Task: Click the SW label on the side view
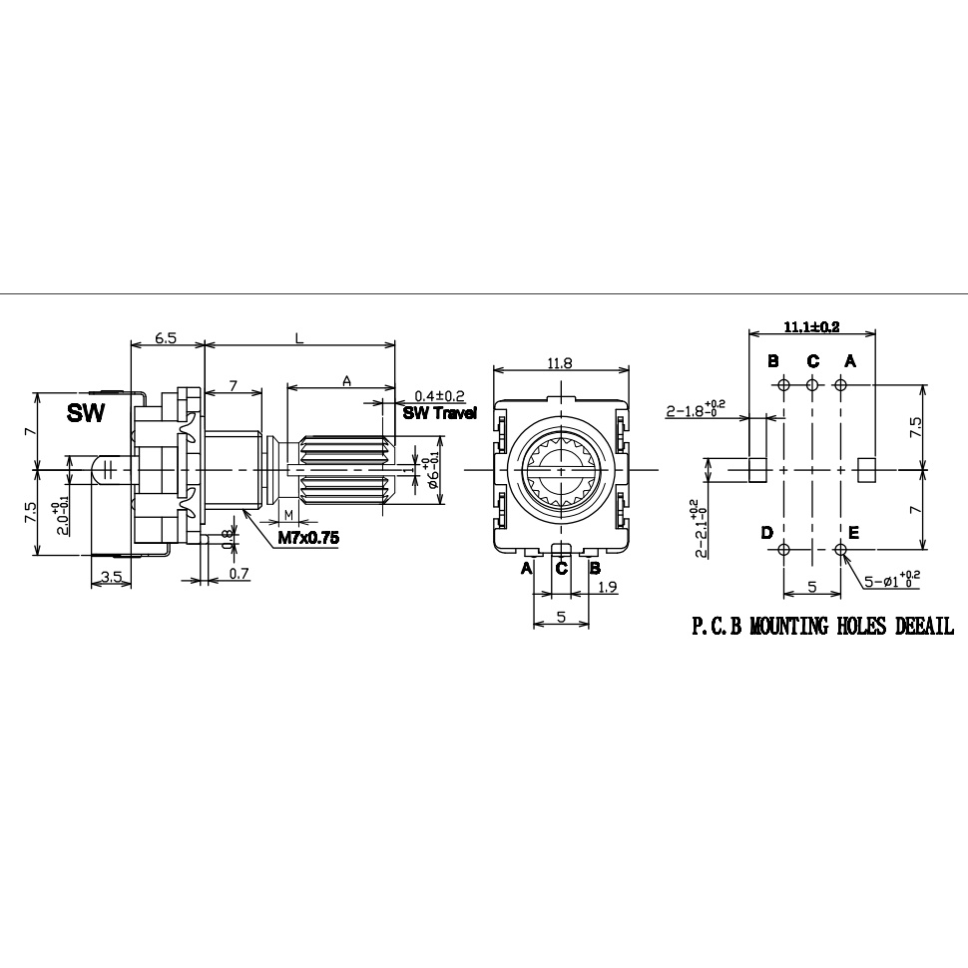coord(86,413)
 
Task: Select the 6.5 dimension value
coord(167,338)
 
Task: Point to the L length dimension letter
coord(298,338)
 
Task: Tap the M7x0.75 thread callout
coord(308,538)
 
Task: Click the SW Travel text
coord(439,413)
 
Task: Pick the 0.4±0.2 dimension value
coord(440,396)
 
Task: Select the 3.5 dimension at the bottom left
coord(111,576)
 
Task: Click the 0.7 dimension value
coord(239,575)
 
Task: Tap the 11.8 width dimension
coord(560,364)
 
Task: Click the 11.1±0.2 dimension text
coord(810,326)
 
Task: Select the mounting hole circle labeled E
coord(840,550)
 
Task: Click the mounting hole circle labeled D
coord(784,550)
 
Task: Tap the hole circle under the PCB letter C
coord(812,385)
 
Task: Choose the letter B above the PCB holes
coord(772,360)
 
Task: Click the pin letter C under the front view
coord(562,568)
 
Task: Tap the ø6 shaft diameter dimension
coord(431,471)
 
